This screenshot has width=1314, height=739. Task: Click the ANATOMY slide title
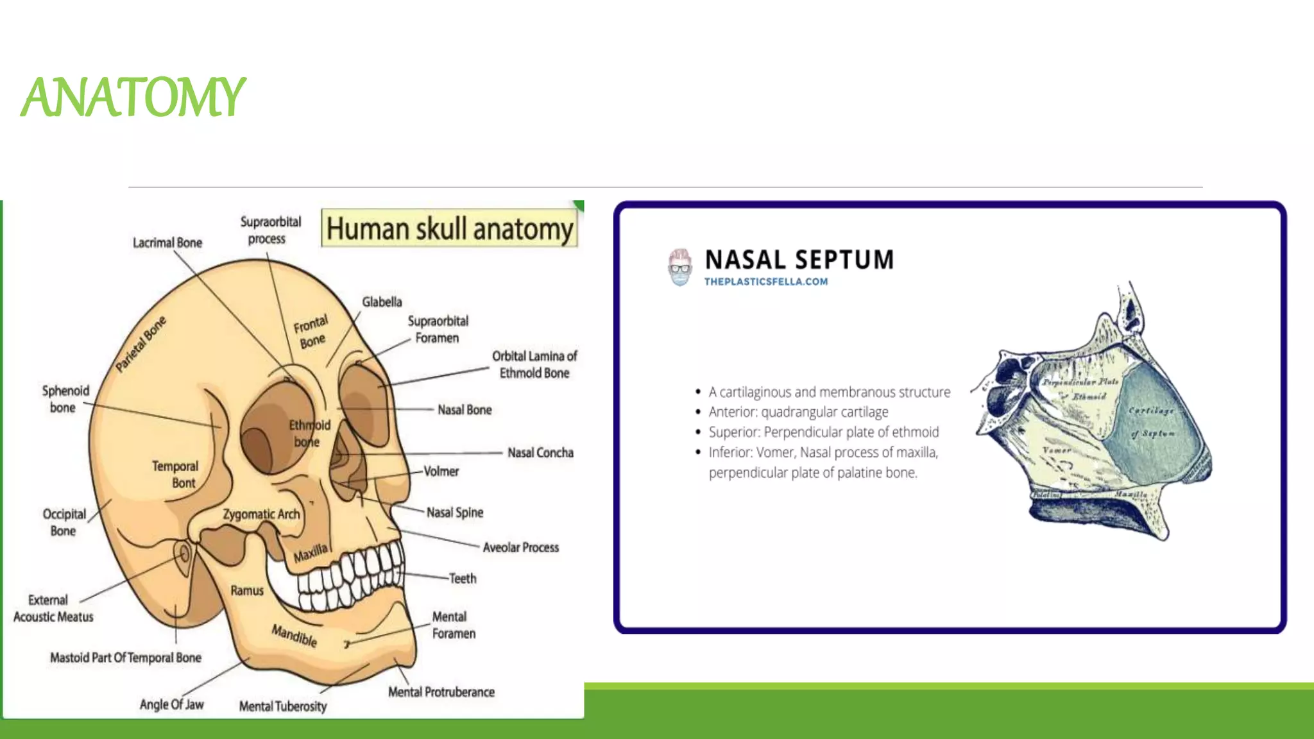pos(133,98)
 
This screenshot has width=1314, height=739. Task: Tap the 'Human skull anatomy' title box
pos(449,228)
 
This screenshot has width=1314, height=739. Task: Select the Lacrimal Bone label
pos(167,243)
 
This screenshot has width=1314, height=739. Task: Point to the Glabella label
pos(382,302)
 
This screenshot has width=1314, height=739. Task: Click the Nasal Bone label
pos(465,410)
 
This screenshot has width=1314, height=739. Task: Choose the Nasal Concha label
pos(540,453)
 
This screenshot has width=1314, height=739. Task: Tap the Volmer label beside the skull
pos(441,471)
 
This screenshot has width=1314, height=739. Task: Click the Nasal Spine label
pos(455,513)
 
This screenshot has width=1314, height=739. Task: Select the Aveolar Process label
pos(520,548)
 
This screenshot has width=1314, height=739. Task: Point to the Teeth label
pos(463,579)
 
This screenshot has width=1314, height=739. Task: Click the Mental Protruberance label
pos(441,692)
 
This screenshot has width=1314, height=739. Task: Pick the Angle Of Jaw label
pos(171,704)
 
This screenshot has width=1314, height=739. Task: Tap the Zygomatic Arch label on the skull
pos(261,514)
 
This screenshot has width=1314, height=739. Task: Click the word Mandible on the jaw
pos(294,635)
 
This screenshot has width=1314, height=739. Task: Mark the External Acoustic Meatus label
pos(53,608)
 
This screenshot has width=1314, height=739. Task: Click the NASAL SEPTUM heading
pos(799,260)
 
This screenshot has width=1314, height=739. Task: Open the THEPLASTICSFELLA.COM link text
pos(765,282)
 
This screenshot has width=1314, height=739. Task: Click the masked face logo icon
pos(679,267)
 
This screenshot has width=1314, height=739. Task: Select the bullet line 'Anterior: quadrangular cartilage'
pos(798,412)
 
